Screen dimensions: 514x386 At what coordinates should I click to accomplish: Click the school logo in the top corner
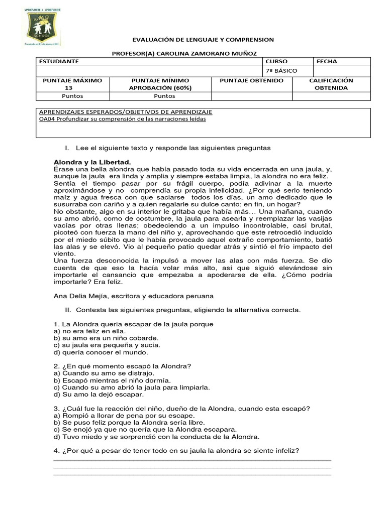pos(43,29)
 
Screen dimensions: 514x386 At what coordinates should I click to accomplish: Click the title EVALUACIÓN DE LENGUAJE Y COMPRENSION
pos(203,39)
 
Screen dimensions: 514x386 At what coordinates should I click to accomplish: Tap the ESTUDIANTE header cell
pos(58,61)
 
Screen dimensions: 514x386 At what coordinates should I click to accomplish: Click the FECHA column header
pos(327,61)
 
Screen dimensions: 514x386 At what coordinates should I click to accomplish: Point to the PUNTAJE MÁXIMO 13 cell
pos(72,83)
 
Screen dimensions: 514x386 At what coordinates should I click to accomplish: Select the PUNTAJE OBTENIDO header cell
pos(252,80)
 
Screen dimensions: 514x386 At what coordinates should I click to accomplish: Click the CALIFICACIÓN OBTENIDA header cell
pos(331,84)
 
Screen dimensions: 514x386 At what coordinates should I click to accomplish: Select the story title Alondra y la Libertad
pos(91,162)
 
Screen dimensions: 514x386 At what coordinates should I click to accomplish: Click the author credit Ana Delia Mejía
pos(133,296)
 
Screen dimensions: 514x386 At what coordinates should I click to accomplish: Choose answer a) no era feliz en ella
pos(89,331)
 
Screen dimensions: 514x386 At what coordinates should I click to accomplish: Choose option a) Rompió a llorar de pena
pos(124,415)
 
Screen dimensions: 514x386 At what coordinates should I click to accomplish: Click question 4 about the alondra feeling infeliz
pos(176,450)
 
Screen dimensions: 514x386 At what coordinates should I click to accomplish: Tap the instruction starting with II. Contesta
pos(183,310)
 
